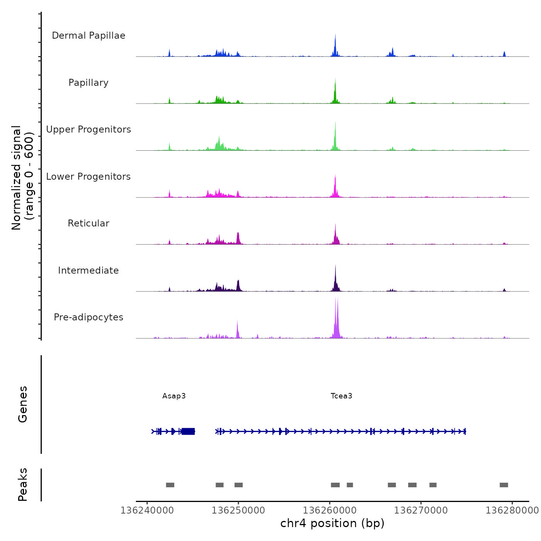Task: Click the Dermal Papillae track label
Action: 88,36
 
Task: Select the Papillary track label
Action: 88,83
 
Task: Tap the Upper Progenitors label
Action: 88,129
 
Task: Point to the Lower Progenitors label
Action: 88,177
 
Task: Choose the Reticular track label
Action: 88,223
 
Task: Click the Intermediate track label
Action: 88,270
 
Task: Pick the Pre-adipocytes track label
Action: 88,317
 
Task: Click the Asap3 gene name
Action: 174,396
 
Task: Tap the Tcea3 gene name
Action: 341,396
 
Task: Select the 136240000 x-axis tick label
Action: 147,510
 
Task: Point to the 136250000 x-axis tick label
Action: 238,510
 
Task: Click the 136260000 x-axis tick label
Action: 330,510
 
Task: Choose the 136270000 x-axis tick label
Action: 421,510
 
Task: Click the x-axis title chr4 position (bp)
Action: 332,523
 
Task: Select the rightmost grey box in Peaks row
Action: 504,485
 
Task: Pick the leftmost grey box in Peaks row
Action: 170,485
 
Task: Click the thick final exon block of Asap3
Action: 188,431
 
